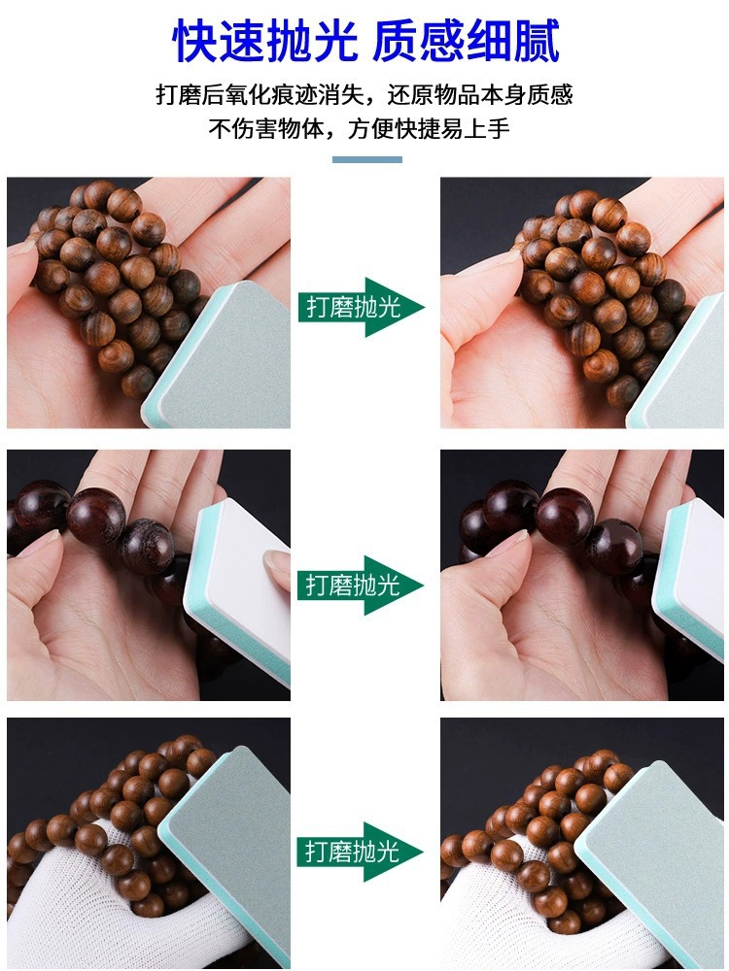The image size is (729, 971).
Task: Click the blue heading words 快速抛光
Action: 264,41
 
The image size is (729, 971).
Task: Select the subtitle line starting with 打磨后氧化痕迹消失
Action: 364,95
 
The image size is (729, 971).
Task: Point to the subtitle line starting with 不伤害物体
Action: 360,129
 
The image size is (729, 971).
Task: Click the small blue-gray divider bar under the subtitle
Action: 367,160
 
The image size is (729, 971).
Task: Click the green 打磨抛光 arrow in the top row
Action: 362,307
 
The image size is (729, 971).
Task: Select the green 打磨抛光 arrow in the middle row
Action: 361,586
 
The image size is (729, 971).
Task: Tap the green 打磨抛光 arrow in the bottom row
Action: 361,852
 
